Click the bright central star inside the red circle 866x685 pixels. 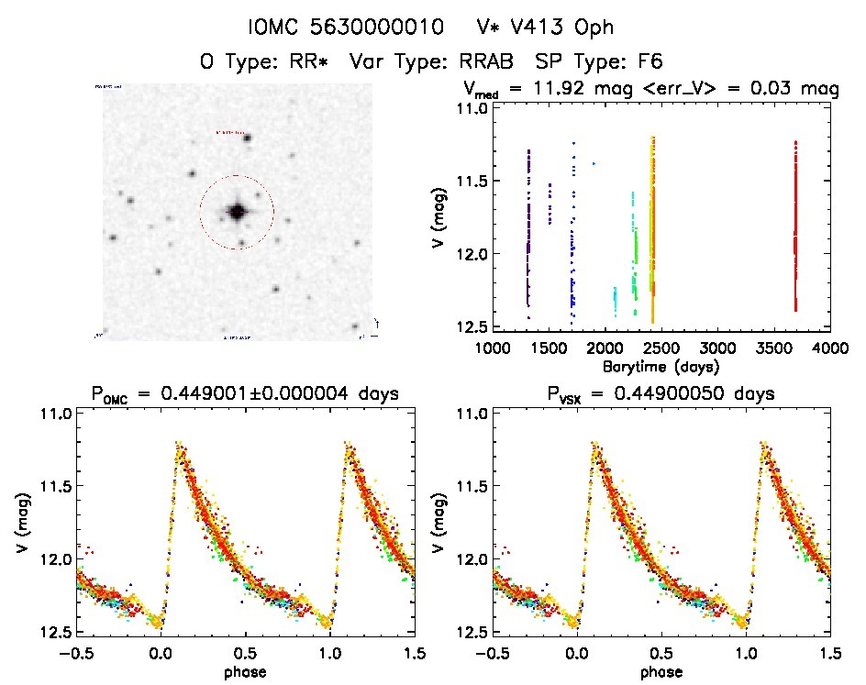[x=237, y=212]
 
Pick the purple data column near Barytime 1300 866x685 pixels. [x=529, y=229]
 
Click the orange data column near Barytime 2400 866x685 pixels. [x=653, y=229]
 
